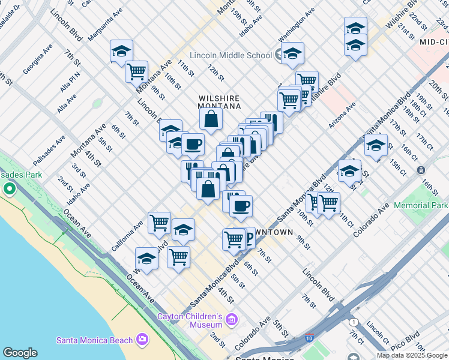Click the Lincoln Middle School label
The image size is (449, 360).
point(231,55)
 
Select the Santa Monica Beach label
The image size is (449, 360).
point(94,340)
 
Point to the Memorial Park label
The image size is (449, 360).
point(421,205)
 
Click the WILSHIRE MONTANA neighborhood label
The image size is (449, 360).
point(219,102)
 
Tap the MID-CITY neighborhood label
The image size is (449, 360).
point(434,42)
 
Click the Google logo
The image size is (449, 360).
point(20,353)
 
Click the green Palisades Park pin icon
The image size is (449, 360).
point(9,190)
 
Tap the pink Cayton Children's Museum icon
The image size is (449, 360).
point(232,317)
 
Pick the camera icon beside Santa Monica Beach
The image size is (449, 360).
point(142,340)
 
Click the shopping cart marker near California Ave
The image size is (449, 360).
point(159,223)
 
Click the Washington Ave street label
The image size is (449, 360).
point(296,22)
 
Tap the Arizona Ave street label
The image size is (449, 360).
point(342,114)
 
